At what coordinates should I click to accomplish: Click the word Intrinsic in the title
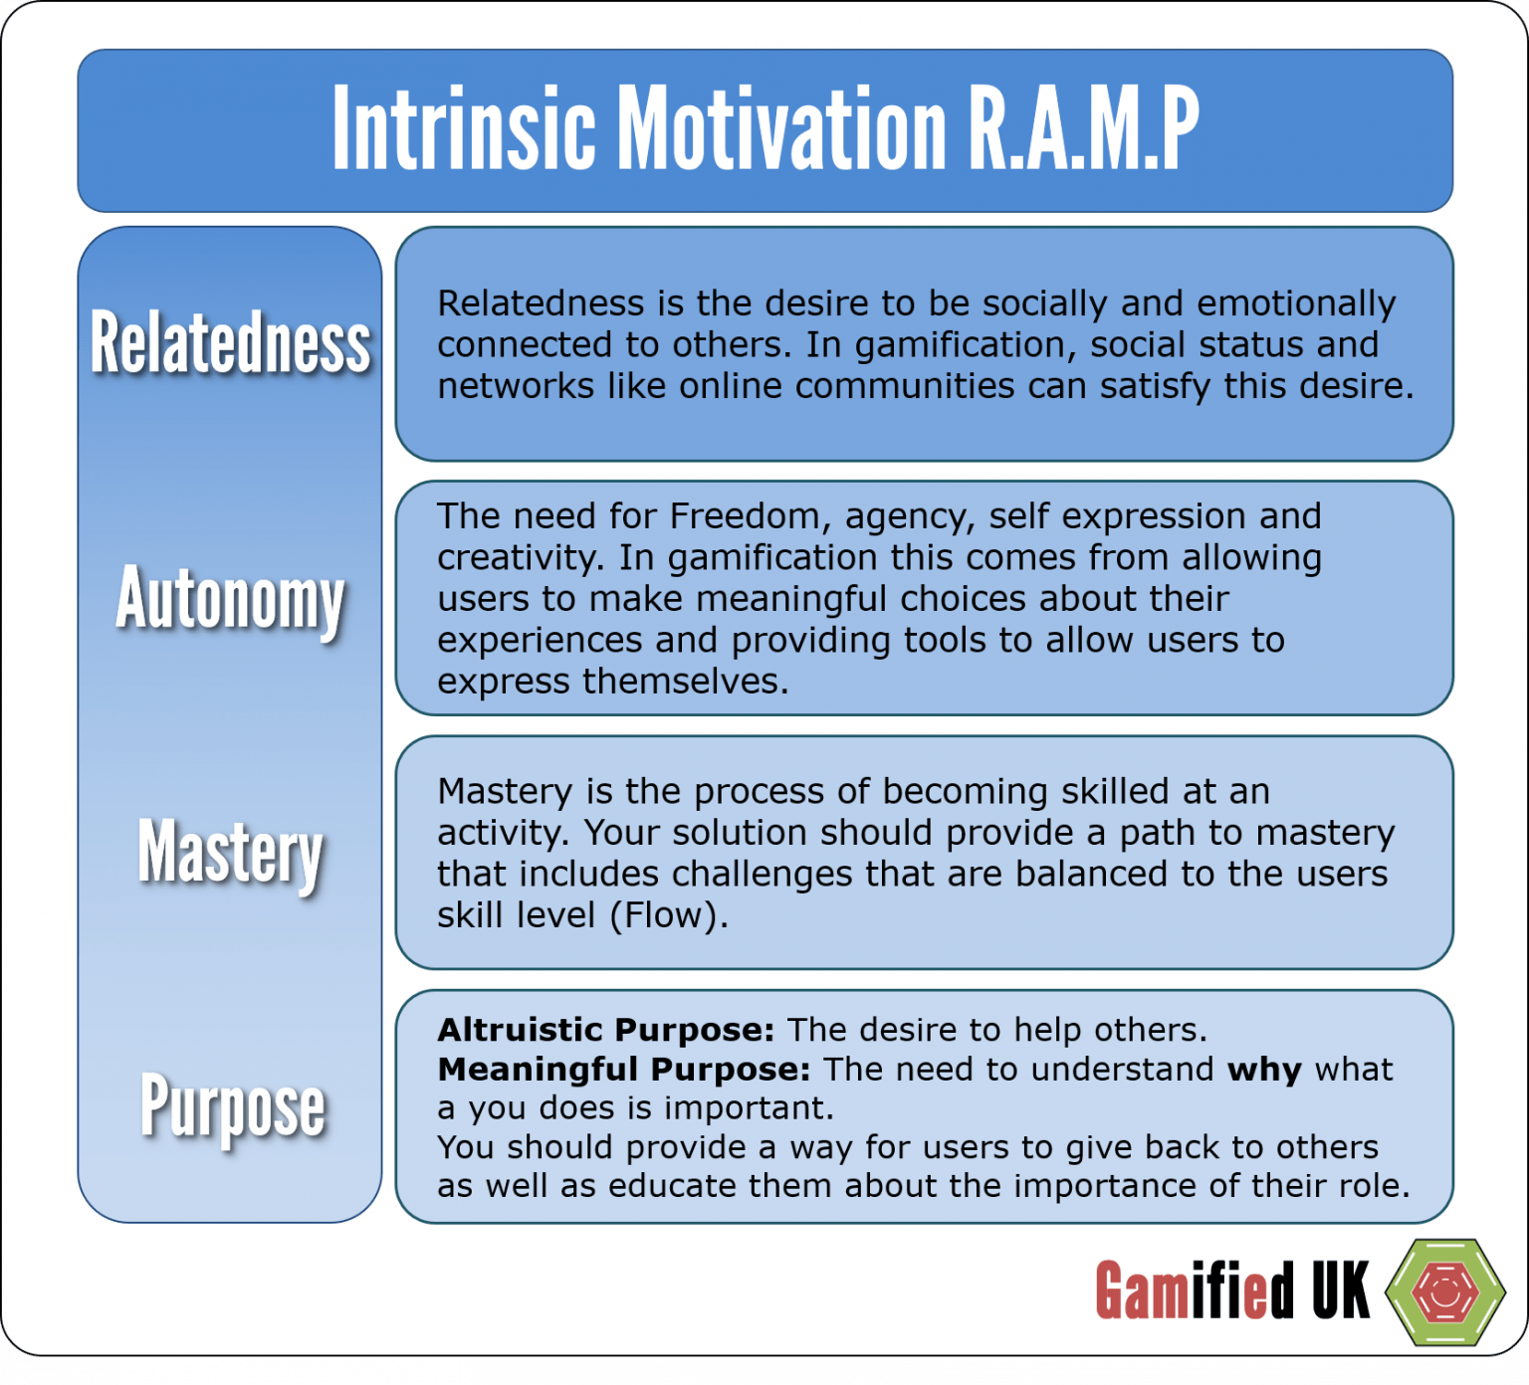tap(463, 129)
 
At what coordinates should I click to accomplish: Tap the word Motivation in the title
tap(781, 129)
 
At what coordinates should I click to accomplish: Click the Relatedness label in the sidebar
tap(230, 343)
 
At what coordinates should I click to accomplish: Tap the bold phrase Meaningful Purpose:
tap(624, 1070)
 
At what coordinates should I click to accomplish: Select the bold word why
tap(1264, 1070)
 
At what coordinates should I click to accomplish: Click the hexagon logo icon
tap(1445, 1291)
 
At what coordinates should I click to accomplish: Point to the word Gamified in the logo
tap(1195, 1291)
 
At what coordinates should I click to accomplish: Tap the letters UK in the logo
tap(1340, 1291)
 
